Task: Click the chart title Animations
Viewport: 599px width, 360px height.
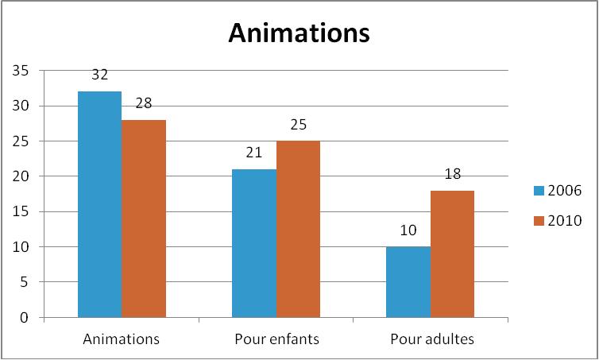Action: point(299,33)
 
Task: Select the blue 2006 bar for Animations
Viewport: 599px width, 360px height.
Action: point(99,204)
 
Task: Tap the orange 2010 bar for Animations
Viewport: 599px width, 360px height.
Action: point(144,219)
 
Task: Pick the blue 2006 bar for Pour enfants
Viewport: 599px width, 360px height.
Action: point(254,243)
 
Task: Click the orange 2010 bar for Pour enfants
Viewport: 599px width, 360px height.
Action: point(298,229)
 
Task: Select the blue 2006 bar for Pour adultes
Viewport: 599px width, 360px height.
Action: point(408,282)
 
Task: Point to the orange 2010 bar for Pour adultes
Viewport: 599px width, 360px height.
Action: point(452,254)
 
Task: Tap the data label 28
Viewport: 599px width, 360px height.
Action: point(144,104)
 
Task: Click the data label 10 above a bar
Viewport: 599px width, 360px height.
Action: point(408,231)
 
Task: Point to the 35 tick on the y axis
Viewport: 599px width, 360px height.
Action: point(21,71)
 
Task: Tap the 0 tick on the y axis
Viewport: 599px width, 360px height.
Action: point(25,318)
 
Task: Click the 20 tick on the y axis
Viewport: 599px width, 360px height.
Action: point(21,176)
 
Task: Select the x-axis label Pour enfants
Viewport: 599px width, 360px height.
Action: point(276,339)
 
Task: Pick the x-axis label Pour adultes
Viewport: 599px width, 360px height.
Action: point(431,339)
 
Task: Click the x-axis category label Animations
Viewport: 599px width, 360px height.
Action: point(122,339)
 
